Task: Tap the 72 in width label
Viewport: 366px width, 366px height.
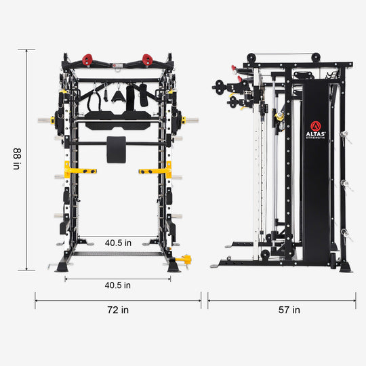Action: point(118,310)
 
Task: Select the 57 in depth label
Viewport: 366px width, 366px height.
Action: point(289,310)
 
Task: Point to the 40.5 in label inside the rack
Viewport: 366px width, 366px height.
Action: point(118,242)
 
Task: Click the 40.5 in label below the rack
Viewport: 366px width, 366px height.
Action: point(118,285)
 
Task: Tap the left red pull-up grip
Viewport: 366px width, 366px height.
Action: point(88,60)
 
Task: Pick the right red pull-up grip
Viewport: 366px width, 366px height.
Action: point(147,60)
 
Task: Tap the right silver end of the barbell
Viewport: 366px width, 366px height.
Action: point(191,121)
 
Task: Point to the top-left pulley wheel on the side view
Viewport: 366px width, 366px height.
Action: point(250,59)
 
